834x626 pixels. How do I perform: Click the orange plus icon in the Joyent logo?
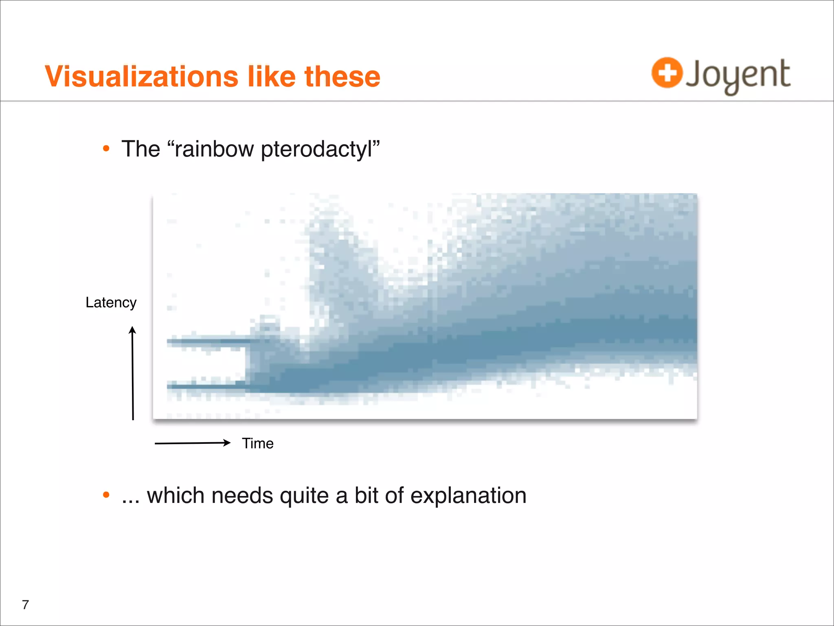pyautogui.click(x=667, y=73)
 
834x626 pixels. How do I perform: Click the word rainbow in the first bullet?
pyautogui.click(x=214, y=149)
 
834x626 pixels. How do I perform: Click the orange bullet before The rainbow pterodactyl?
pyautogui.click(x=106, y=149)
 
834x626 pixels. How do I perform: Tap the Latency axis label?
pyautogui.click(x=111, y=303)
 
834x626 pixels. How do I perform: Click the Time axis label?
pyautogui.click(x=257, y=443)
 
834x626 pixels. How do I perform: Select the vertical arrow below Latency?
pyautogui.click(x=132, y=373)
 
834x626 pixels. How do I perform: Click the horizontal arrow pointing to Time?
pyautogui.click(x=192, y=443)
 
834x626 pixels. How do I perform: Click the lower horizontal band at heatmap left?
pyautogui.click(x=206, y=385)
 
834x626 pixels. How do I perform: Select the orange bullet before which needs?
pyautogui.click(x=106, y=495)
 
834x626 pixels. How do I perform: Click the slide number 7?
pyautogui.click(x=25, y=604)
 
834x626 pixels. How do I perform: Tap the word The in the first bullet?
pyautogui.click(x=140, y=149)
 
